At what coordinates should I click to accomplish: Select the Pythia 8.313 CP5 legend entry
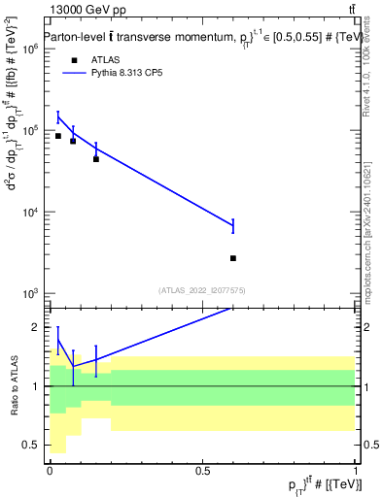pos(117,72)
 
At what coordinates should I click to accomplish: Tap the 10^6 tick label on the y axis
pos(30,49)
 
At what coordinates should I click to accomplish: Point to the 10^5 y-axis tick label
pos(30,130)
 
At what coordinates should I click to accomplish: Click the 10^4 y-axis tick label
pos(30,212)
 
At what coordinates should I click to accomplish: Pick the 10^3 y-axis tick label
pos(30,293)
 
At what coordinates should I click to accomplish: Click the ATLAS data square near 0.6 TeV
pos(233,258)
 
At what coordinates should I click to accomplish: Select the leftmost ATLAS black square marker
pos(58,136)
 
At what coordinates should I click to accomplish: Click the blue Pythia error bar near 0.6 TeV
pos(233,225)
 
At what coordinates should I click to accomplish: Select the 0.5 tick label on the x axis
pos(202,470)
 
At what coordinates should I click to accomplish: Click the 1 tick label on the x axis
pos(356,470)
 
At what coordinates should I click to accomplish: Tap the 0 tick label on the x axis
pos(50,470)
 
